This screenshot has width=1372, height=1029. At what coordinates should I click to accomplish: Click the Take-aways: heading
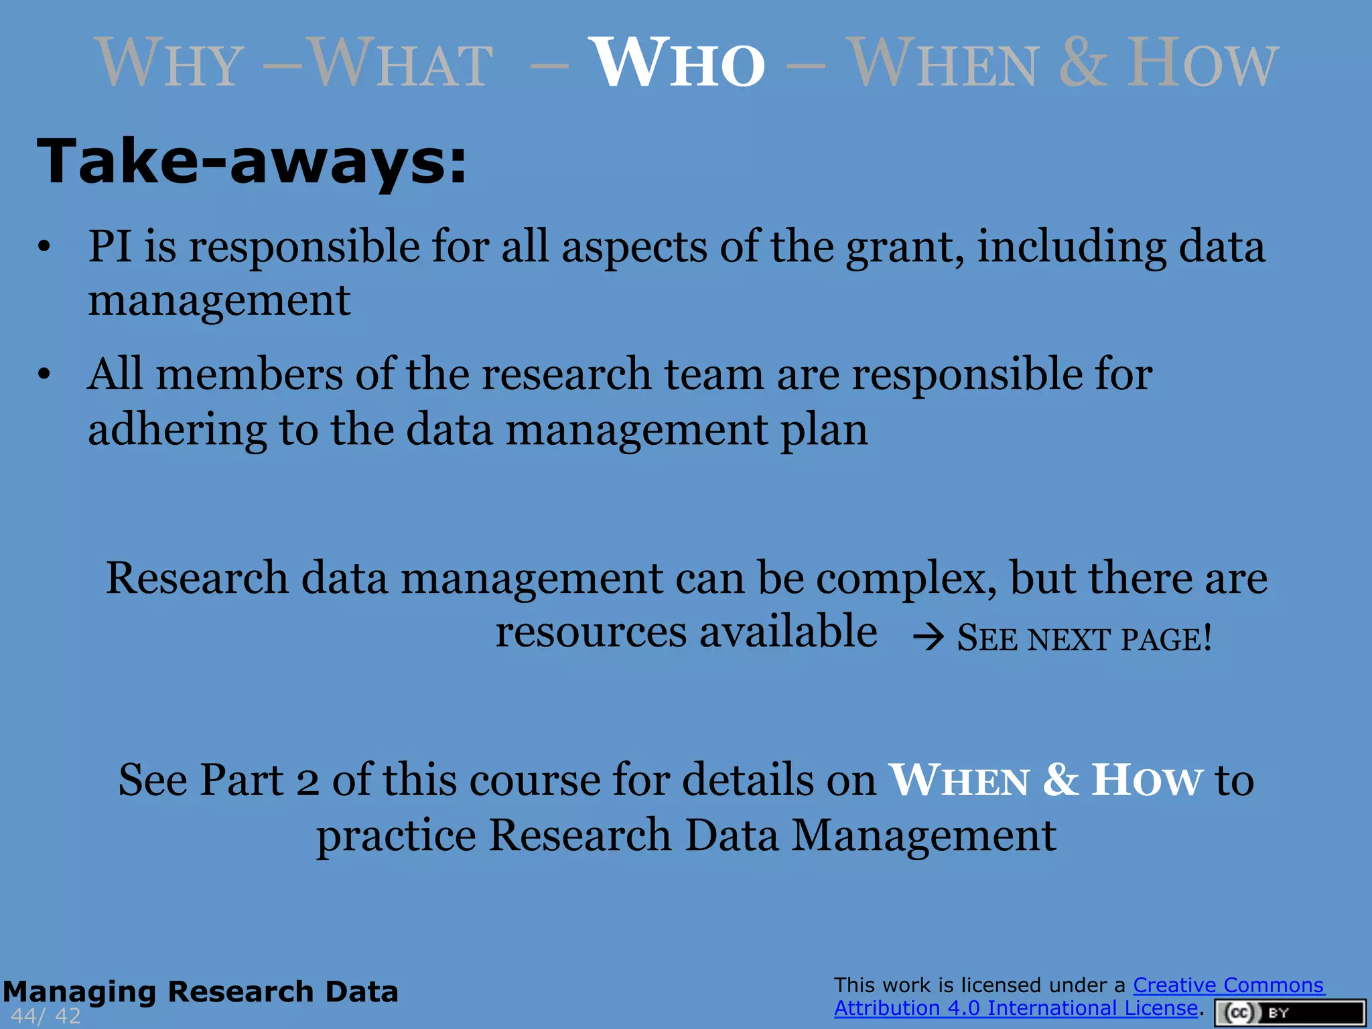251,161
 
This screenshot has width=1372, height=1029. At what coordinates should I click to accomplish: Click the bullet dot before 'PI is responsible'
44,247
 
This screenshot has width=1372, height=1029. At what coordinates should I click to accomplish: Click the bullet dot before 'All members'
44,374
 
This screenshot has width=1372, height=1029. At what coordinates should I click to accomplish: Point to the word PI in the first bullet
110,246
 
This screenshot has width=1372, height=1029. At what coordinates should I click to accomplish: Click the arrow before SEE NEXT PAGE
929,637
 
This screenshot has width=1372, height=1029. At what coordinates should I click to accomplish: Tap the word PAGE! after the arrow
1166,638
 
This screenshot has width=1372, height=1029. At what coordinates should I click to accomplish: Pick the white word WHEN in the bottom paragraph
959,781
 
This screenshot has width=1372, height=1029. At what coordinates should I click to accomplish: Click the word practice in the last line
396,836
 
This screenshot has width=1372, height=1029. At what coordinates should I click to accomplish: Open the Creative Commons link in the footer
1228,985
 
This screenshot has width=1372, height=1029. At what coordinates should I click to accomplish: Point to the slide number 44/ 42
46,1016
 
